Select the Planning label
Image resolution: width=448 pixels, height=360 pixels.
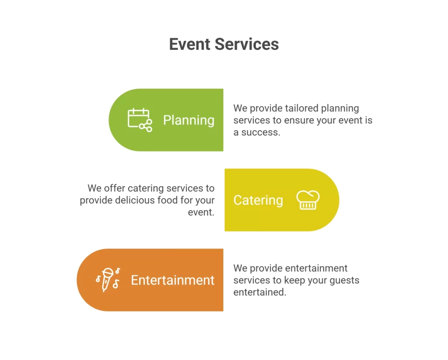click(189, 120)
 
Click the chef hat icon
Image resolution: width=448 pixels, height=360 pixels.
click(308, 200)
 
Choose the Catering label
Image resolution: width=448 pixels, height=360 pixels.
click(258, 200)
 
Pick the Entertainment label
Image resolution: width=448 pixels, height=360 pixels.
click(173, 280)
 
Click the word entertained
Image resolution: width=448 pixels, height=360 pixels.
click(259, 292)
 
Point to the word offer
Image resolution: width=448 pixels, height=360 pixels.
click(115, 189)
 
